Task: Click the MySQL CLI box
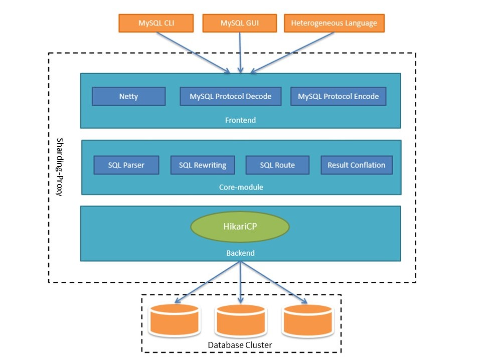click(156, 23)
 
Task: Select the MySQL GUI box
click(240, 23)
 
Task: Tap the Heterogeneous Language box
click(334, 23)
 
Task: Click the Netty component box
click(128, 96)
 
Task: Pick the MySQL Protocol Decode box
click(231, 96)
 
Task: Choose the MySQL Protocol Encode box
click(338, 96)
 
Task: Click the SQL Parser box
click(126, 165)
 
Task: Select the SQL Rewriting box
click(203, 165)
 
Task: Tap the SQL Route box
click(277, 165)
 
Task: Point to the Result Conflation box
click(357, 165)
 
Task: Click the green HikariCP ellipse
click(240, 227)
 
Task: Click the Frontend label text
click(240, 120)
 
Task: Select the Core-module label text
click(241, 188)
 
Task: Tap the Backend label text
click(240, 253)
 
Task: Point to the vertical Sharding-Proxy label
click(60, 167)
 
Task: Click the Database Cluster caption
click(240, 345)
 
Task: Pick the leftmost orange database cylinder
click(174, 320)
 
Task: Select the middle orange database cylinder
click(241, 320)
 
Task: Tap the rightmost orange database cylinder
click(307, 320)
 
